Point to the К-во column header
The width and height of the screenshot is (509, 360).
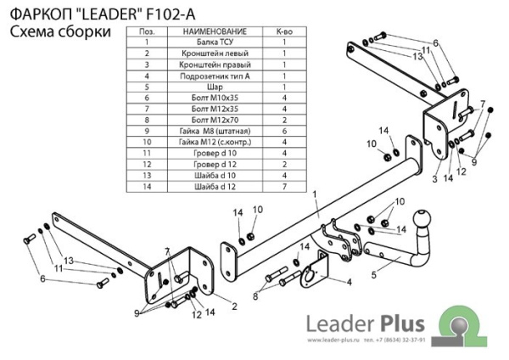coord(283,31)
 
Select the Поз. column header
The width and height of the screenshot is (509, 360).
coord(147,31)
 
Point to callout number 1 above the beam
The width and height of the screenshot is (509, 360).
coord(314,194)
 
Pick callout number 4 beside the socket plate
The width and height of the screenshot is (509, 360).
coord(347,282)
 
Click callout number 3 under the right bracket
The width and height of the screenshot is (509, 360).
coord(433,180)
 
